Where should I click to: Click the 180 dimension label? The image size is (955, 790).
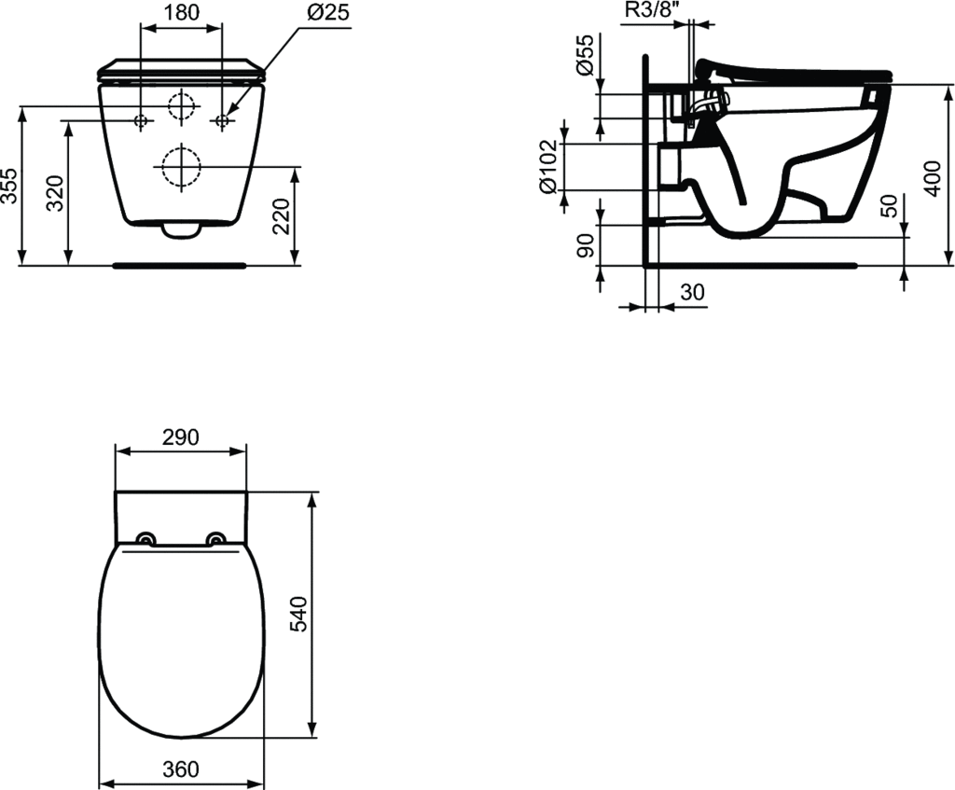pyautogui.click(x=182, y=12)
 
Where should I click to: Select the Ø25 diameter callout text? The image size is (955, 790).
pyautogui.click(x=328, y=12)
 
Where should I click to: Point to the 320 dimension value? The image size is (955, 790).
pyautogui.click(x=55, y=193)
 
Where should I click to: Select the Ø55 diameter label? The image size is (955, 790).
pyautogui.click(x=584, y=54)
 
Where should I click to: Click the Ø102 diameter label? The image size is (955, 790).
pyautogui.click(x=547, y=167)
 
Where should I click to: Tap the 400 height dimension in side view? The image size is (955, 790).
pyautogui.click(x=933, y=178)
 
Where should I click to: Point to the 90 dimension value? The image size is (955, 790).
pyautogui.click(x=585, y=245)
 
